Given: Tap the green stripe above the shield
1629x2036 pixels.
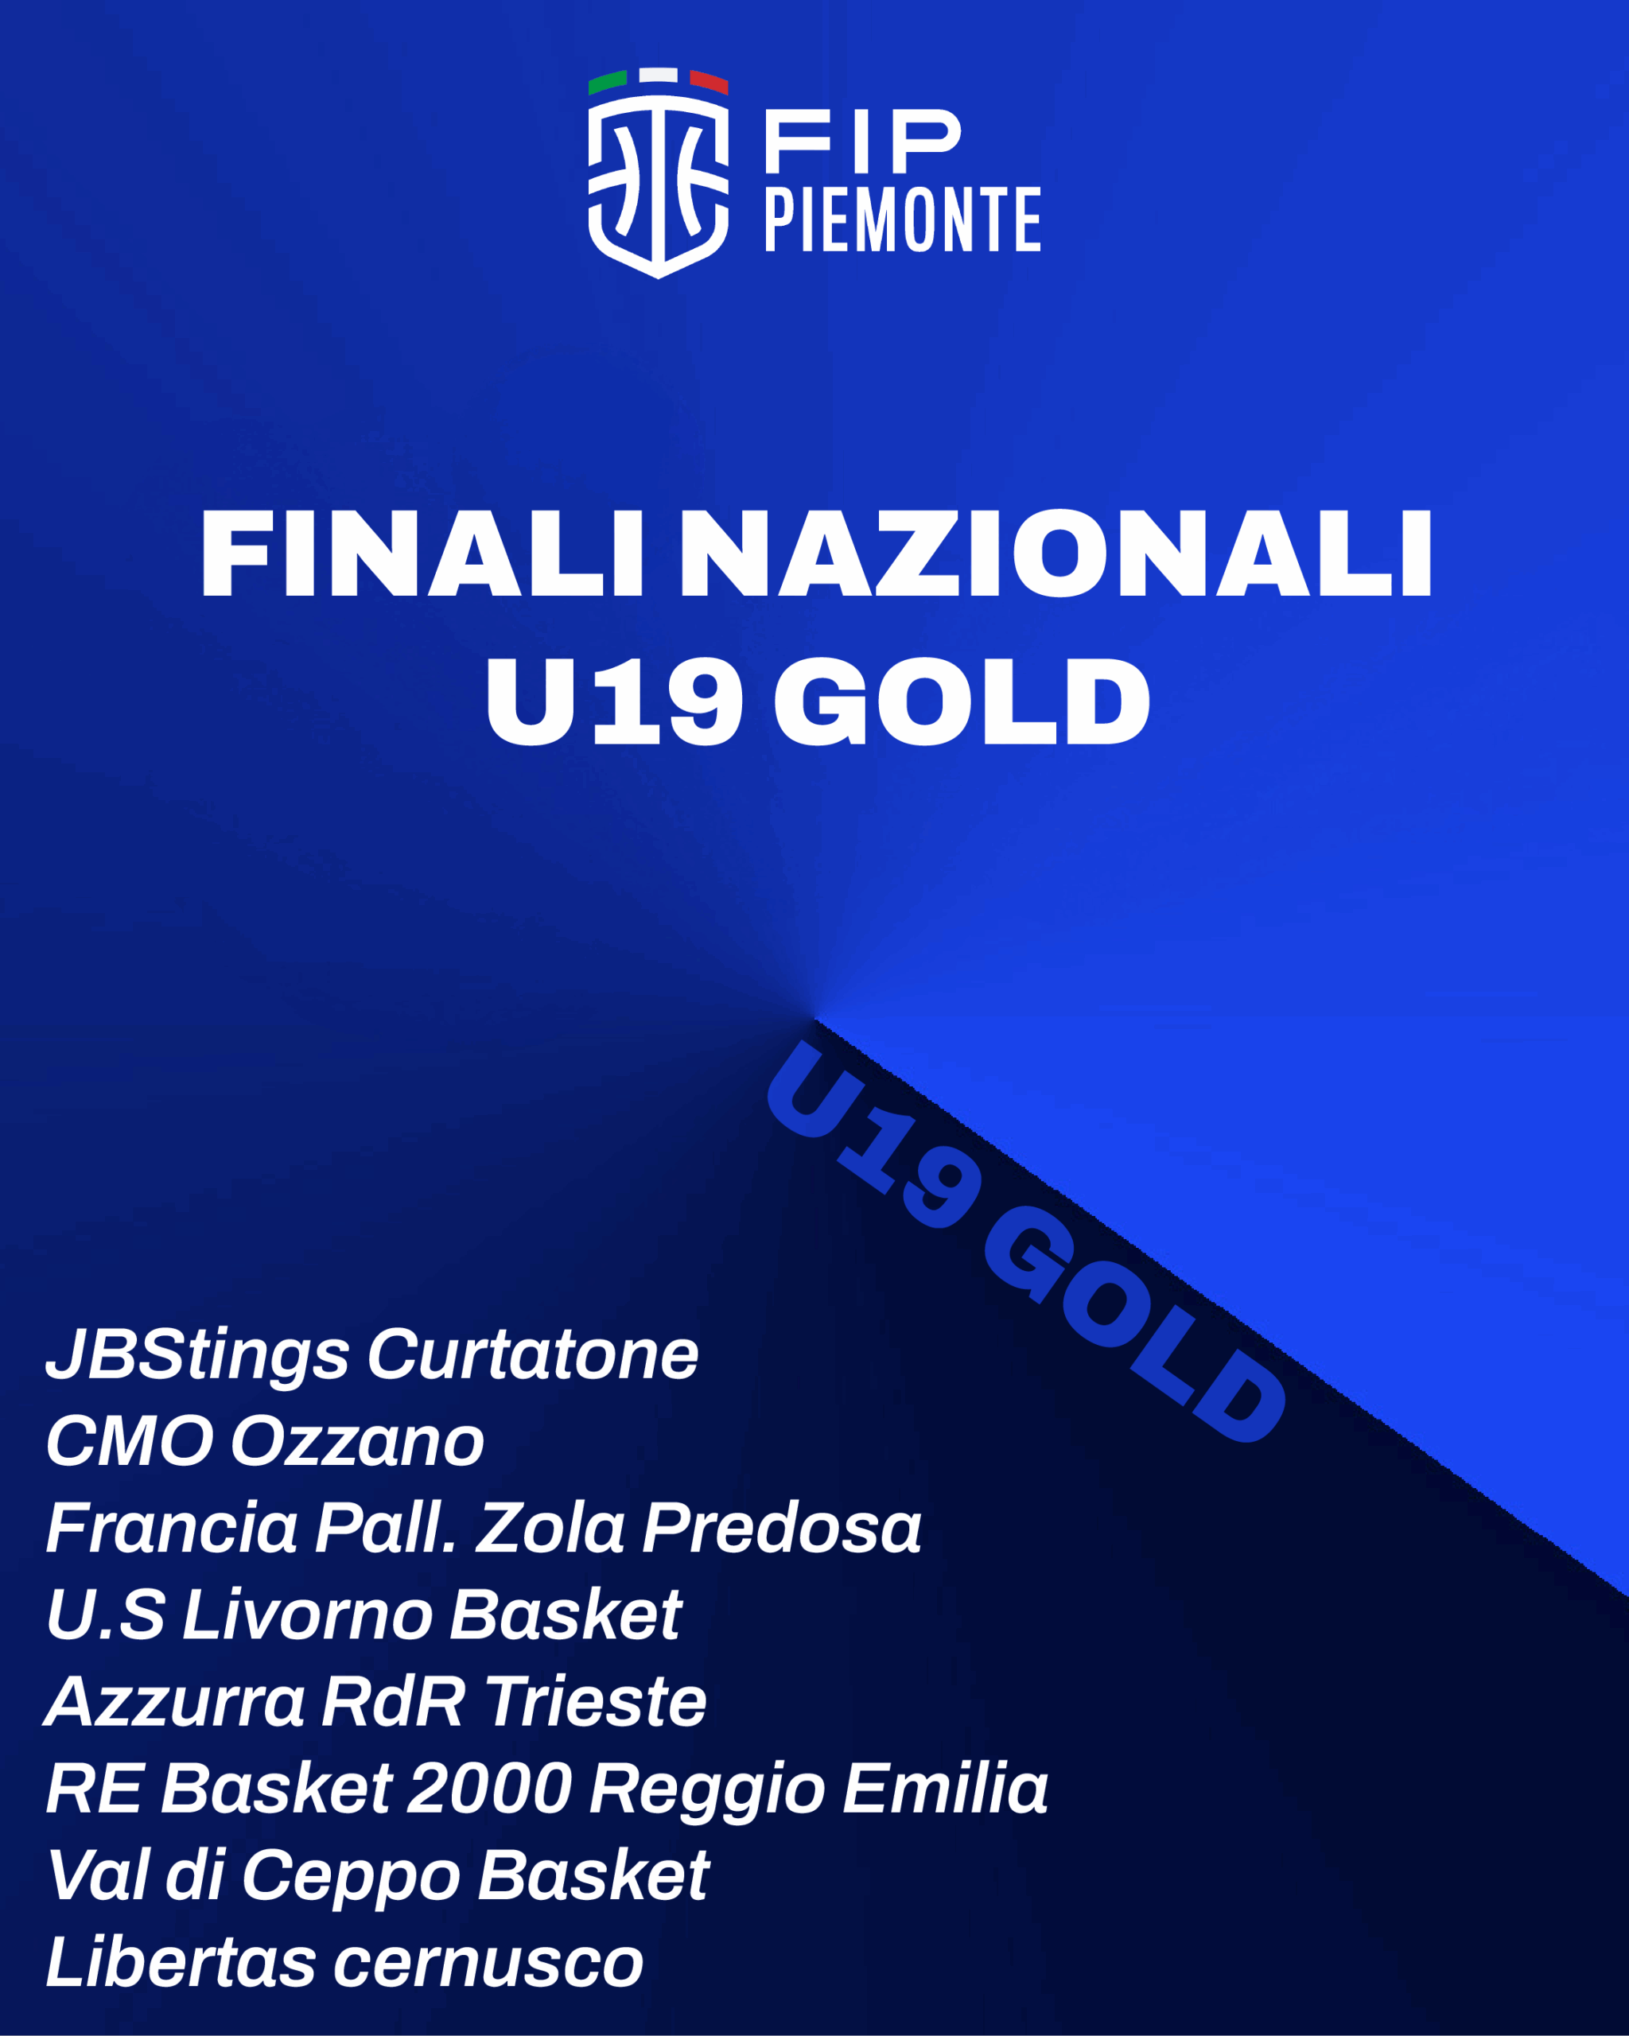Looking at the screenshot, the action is tap(607, 82).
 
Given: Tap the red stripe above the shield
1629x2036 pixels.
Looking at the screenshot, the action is tap(710, 82).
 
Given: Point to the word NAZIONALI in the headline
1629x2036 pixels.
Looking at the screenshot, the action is tap(1056, 554).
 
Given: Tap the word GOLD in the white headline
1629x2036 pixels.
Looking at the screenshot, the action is tap(962, 701).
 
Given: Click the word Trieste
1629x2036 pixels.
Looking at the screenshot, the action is tap(596, 1704).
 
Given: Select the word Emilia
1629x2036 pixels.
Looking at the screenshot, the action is tap(945, 1790).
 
